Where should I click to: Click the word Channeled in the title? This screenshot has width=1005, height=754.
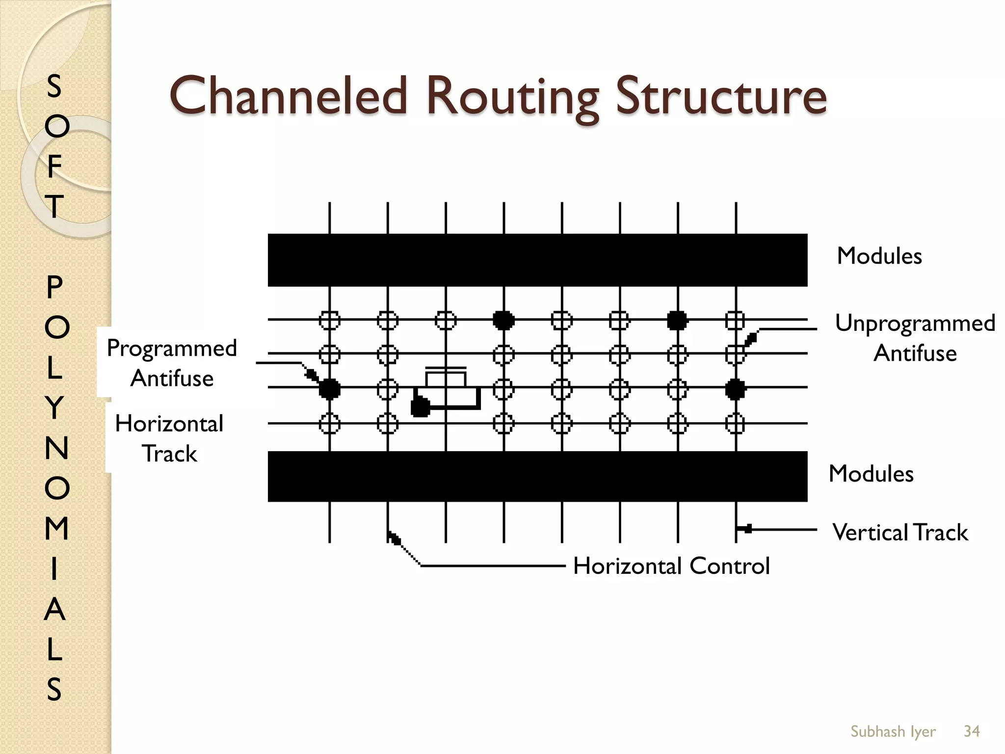[289, 96]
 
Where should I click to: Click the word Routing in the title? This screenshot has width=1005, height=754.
[513, 98]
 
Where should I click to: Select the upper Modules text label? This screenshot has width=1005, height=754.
[879, 256]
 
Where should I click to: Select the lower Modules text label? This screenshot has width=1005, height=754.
[871, 474]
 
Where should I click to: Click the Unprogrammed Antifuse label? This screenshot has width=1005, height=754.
[915, 338]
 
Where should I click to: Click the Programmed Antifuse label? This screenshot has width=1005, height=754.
[172, 363]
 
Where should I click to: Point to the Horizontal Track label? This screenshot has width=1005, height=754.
[169, 438]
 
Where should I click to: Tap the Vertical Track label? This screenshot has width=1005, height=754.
[900, 532]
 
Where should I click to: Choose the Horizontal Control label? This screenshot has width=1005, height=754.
[671, 566]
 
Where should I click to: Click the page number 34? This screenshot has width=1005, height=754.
[971, 731]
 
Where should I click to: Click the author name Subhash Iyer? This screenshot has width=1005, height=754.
[893, 731]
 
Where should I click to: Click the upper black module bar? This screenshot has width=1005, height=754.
[537, 260]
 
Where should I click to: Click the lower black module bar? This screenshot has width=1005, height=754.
[537, 476]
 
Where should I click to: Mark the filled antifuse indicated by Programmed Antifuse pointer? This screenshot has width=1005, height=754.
[329, 388]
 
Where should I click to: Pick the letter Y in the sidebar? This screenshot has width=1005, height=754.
[55, 407]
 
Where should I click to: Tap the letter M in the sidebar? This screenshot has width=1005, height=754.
[56, 528]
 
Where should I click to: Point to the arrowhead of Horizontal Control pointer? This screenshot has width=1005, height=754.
[394, 538]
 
